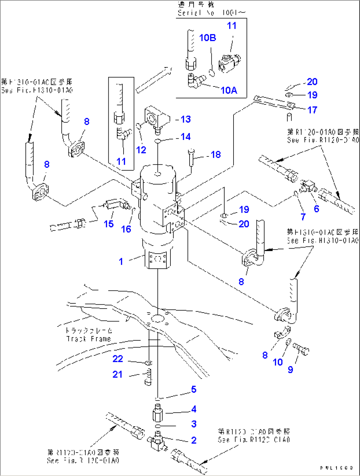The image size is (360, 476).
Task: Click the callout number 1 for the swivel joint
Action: click(x=121, y=261)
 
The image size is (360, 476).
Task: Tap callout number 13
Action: click(x=186, y=119)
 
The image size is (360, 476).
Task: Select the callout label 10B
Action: click(x=207, y=38)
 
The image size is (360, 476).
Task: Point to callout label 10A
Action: click(x=229, y=90)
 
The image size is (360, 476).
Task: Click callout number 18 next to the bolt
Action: click(x=216, y=154)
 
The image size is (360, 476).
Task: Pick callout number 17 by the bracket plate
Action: click(x=312, y=110)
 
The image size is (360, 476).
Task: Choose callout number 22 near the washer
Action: click(x=118, y=359)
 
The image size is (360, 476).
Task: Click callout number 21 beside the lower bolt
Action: click(x=117, y=374)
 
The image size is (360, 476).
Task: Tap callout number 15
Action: click(x=109, y=224)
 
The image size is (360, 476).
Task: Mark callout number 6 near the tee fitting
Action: click(x=316, y=209)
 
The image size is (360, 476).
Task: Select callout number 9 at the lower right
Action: click(x=290, y=369)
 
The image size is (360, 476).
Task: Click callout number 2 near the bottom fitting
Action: click(x=194, y=440)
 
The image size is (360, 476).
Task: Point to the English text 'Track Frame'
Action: click(x=89, y=339)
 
